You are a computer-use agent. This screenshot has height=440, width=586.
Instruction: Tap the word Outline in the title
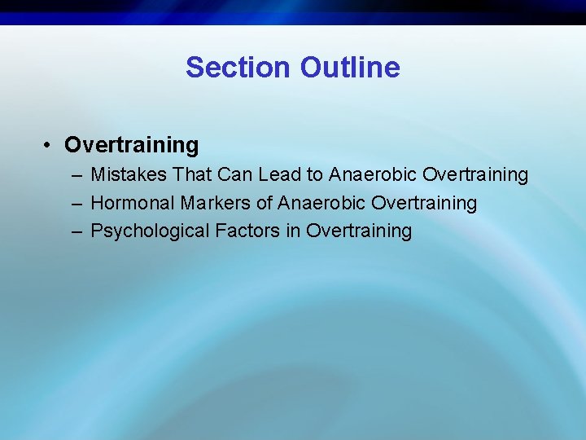pyautogui.click(x=350, y=67)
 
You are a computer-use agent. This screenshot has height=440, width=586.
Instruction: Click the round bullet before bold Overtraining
pyautogui.click(x=50, y=145)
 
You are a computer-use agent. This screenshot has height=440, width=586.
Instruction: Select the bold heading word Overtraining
pyautogui.click(x=131, y=145)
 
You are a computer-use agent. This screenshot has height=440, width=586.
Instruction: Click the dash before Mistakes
pyautogui.click(x=76, y=174)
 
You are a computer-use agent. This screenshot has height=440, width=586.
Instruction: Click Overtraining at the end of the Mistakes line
pyautogui.click(x=475, y=174)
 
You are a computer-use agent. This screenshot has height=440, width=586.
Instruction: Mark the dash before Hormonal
pyautogui.click(x=76, y=203)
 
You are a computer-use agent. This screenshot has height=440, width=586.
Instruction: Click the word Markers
pyautogui.click(x=211, y=203)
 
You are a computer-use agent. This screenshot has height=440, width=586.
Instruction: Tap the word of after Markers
pyautogui.click(x=265, y=203)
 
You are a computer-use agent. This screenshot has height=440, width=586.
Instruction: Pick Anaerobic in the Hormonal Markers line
pyautogui.click(x=321, y=203)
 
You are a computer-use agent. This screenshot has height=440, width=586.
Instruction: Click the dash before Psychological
pyautogui.click(x=76, y=231)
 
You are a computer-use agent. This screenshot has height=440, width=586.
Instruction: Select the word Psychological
pyautogui.click(x=150, y=231)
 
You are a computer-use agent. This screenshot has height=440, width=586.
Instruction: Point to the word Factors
pyautogui.click(x=247, y=231)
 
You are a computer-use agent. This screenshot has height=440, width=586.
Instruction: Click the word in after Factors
pyautogui.click(x=293, y=231)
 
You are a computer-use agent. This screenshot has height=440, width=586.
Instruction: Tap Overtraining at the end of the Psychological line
pyautogui.click(x=359, y=231)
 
